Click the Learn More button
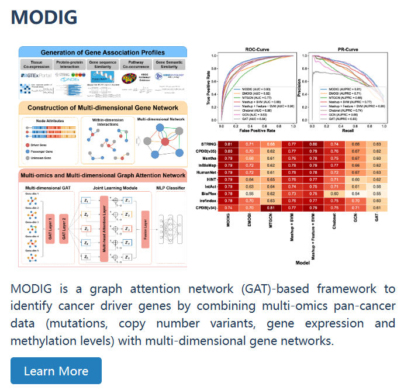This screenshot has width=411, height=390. pyautogui.click(x=56, y=371)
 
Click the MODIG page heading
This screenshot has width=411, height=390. pyautogui.click(x=44, y=18)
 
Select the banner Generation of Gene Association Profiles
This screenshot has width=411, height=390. pyautogui.click(x=102, y=52)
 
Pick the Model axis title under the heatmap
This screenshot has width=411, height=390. pyautogui.click(x=302, y=263)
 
